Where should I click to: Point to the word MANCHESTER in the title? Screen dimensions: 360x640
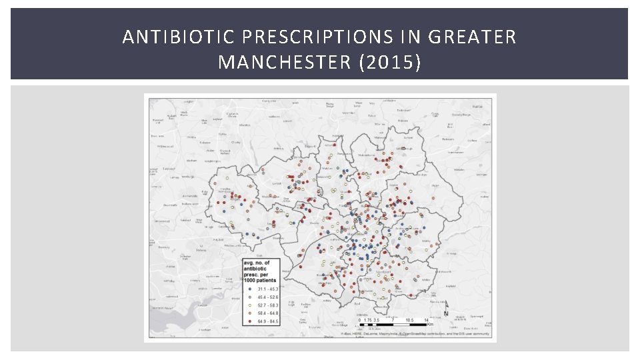tap(286, 63)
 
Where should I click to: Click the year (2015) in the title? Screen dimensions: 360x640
tap(391, 63)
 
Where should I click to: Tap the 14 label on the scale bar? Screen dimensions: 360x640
tap(426, 320)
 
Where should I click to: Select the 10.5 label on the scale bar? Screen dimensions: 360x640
tap(409, 320)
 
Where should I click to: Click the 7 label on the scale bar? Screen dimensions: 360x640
tap(393, 320)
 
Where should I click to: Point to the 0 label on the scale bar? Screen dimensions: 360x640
tap(359, 320)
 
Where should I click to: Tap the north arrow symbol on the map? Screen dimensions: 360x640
tap(446, 308)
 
